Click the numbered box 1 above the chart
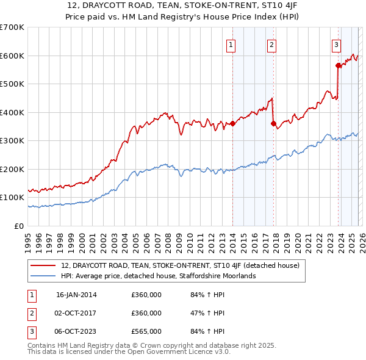pyautogui.click(x=232, y=44)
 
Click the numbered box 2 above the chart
pyautogui.click(x=271, y=44)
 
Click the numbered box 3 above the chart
pyautogui.click(x=336, y=44)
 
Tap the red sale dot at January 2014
pyautogui.click(x=232, y=124)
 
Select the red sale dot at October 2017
pyautogui.click(x=273, y=124)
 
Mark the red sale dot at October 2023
pyautogui.click(x=337, y=65)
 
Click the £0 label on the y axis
pyautogui.click(x=20, y=226)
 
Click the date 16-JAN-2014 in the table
pyautogui.click(x=76, y=295)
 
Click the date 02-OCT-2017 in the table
pyautogui.click(x=76, y=313)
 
